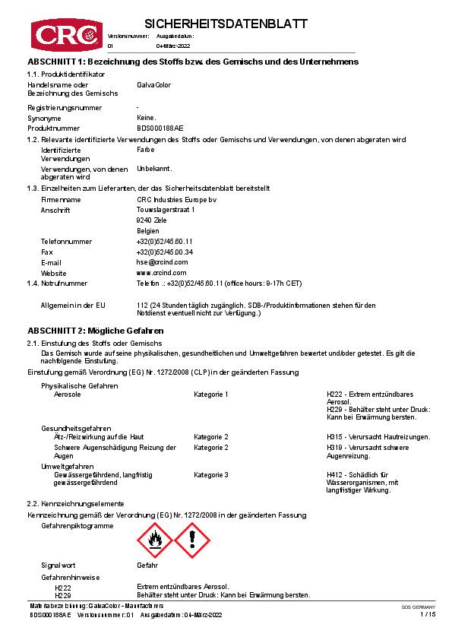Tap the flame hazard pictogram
click(x=154, y=541)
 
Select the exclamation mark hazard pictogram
click(x=193, y=541)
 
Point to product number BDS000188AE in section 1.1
click(x=160, y=128)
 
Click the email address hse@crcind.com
click(x=157, y=262)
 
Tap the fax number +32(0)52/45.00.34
click(x=164, y=252)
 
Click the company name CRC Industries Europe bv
click(x=171, y=199)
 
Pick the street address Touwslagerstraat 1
click(x=165, y=209)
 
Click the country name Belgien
click(x=148, y=230)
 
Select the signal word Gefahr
click(x=147, y=566)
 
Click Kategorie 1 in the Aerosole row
click(x=211, y=394)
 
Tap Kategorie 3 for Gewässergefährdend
click(x=211, y=474)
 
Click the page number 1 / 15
click(x=428, y=614)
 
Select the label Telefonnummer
click(x=66, y=241)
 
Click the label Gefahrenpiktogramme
click(x=77, y=525)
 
